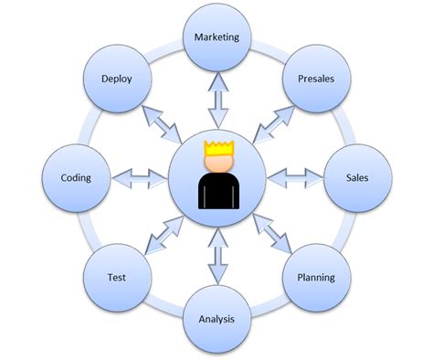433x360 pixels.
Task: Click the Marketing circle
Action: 217,39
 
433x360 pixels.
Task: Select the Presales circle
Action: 315,79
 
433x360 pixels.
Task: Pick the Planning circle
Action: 315,276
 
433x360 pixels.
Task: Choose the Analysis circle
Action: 217,318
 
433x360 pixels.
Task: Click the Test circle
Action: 117,276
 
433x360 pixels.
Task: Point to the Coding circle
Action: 76,177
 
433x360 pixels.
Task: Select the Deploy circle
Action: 117,79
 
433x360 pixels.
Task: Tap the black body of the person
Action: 217,191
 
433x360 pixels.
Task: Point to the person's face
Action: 217,163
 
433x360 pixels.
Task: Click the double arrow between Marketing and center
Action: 217,101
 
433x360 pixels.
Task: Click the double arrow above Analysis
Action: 217,256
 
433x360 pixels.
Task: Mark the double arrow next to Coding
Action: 140,176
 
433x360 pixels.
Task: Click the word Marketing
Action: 217,38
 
